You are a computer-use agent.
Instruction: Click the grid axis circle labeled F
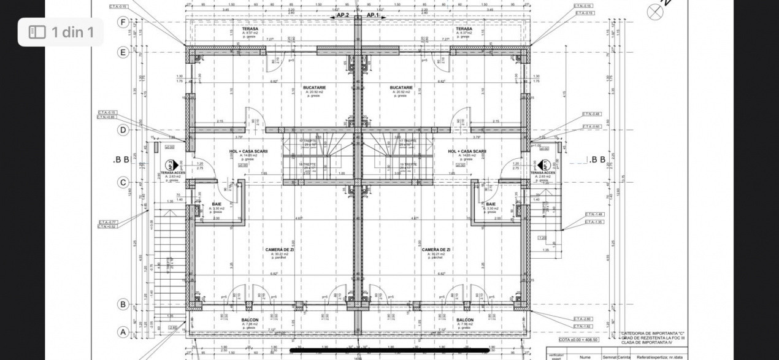(123, 22)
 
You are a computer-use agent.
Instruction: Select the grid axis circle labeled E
(123, 52)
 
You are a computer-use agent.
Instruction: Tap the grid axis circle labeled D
(123, 129)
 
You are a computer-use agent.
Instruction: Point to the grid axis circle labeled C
(123, 182)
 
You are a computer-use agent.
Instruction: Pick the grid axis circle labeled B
(123, 304)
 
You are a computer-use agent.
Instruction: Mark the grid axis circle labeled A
(123, 332)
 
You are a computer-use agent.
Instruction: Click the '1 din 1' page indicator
(72, 32)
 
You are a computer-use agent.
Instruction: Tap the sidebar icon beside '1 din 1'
(37, 32)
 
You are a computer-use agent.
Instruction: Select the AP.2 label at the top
(343, 15)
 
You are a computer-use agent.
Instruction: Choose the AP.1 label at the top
(373, 15)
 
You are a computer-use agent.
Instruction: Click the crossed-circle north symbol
(655, 12)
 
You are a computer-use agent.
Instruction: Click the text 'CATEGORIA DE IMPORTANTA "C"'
(653, 333)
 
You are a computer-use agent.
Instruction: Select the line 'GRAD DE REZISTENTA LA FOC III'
(654, 338)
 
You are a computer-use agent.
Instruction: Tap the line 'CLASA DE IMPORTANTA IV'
(649, 342)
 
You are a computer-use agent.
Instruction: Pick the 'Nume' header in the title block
(585, 356)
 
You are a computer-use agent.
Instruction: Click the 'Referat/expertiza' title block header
(659, 356)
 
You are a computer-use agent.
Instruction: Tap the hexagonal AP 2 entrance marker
(173, 165)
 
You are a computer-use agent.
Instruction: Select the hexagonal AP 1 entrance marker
(543, 165)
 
